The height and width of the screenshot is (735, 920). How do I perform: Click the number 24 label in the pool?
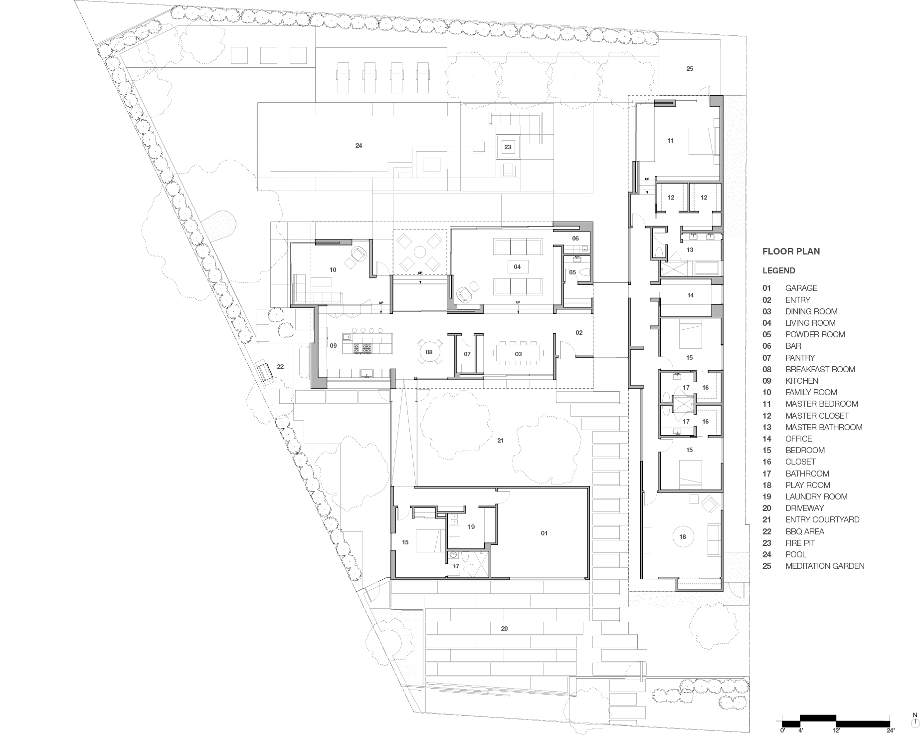(359, 146)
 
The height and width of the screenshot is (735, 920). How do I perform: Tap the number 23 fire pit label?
(508, 147)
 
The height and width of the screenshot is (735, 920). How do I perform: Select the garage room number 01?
(544, 533)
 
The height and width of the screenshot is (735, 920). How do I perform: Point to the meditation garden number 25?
(690, 69)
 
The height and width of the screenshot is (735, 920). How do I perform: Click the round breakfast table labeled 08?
(429, 352)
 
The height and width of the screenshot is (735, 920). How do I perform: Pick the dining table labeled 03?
(518, 354)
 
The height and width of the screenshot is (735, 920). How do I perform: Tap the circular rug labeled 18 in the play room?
(683, 537)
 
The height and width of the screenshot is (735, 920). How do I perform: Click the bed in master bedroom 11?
(703, 141)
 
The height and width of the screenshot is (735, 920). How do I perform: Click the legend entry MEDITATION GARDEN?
(825, 566)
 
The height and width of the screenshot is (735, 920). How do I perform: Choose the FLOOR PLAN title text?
(791, 251)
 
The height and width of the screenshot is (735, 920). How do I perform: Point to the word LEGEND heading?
(779, 270)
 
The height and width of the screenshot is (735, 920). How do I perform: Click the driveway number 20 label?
(504, 629)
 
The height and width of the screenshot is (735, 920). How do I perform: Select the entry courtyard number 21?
(501, 441)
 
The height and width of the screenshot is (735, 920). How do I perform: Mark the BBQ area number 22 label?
(280, 367)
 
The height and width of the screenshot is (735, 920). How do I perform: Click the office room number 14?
(691, 295)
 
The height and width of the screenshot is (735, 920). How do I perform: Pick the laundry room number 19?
(471, 526)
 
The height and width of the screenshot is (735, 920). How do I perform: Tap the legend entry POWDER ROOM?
(815, 334)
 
